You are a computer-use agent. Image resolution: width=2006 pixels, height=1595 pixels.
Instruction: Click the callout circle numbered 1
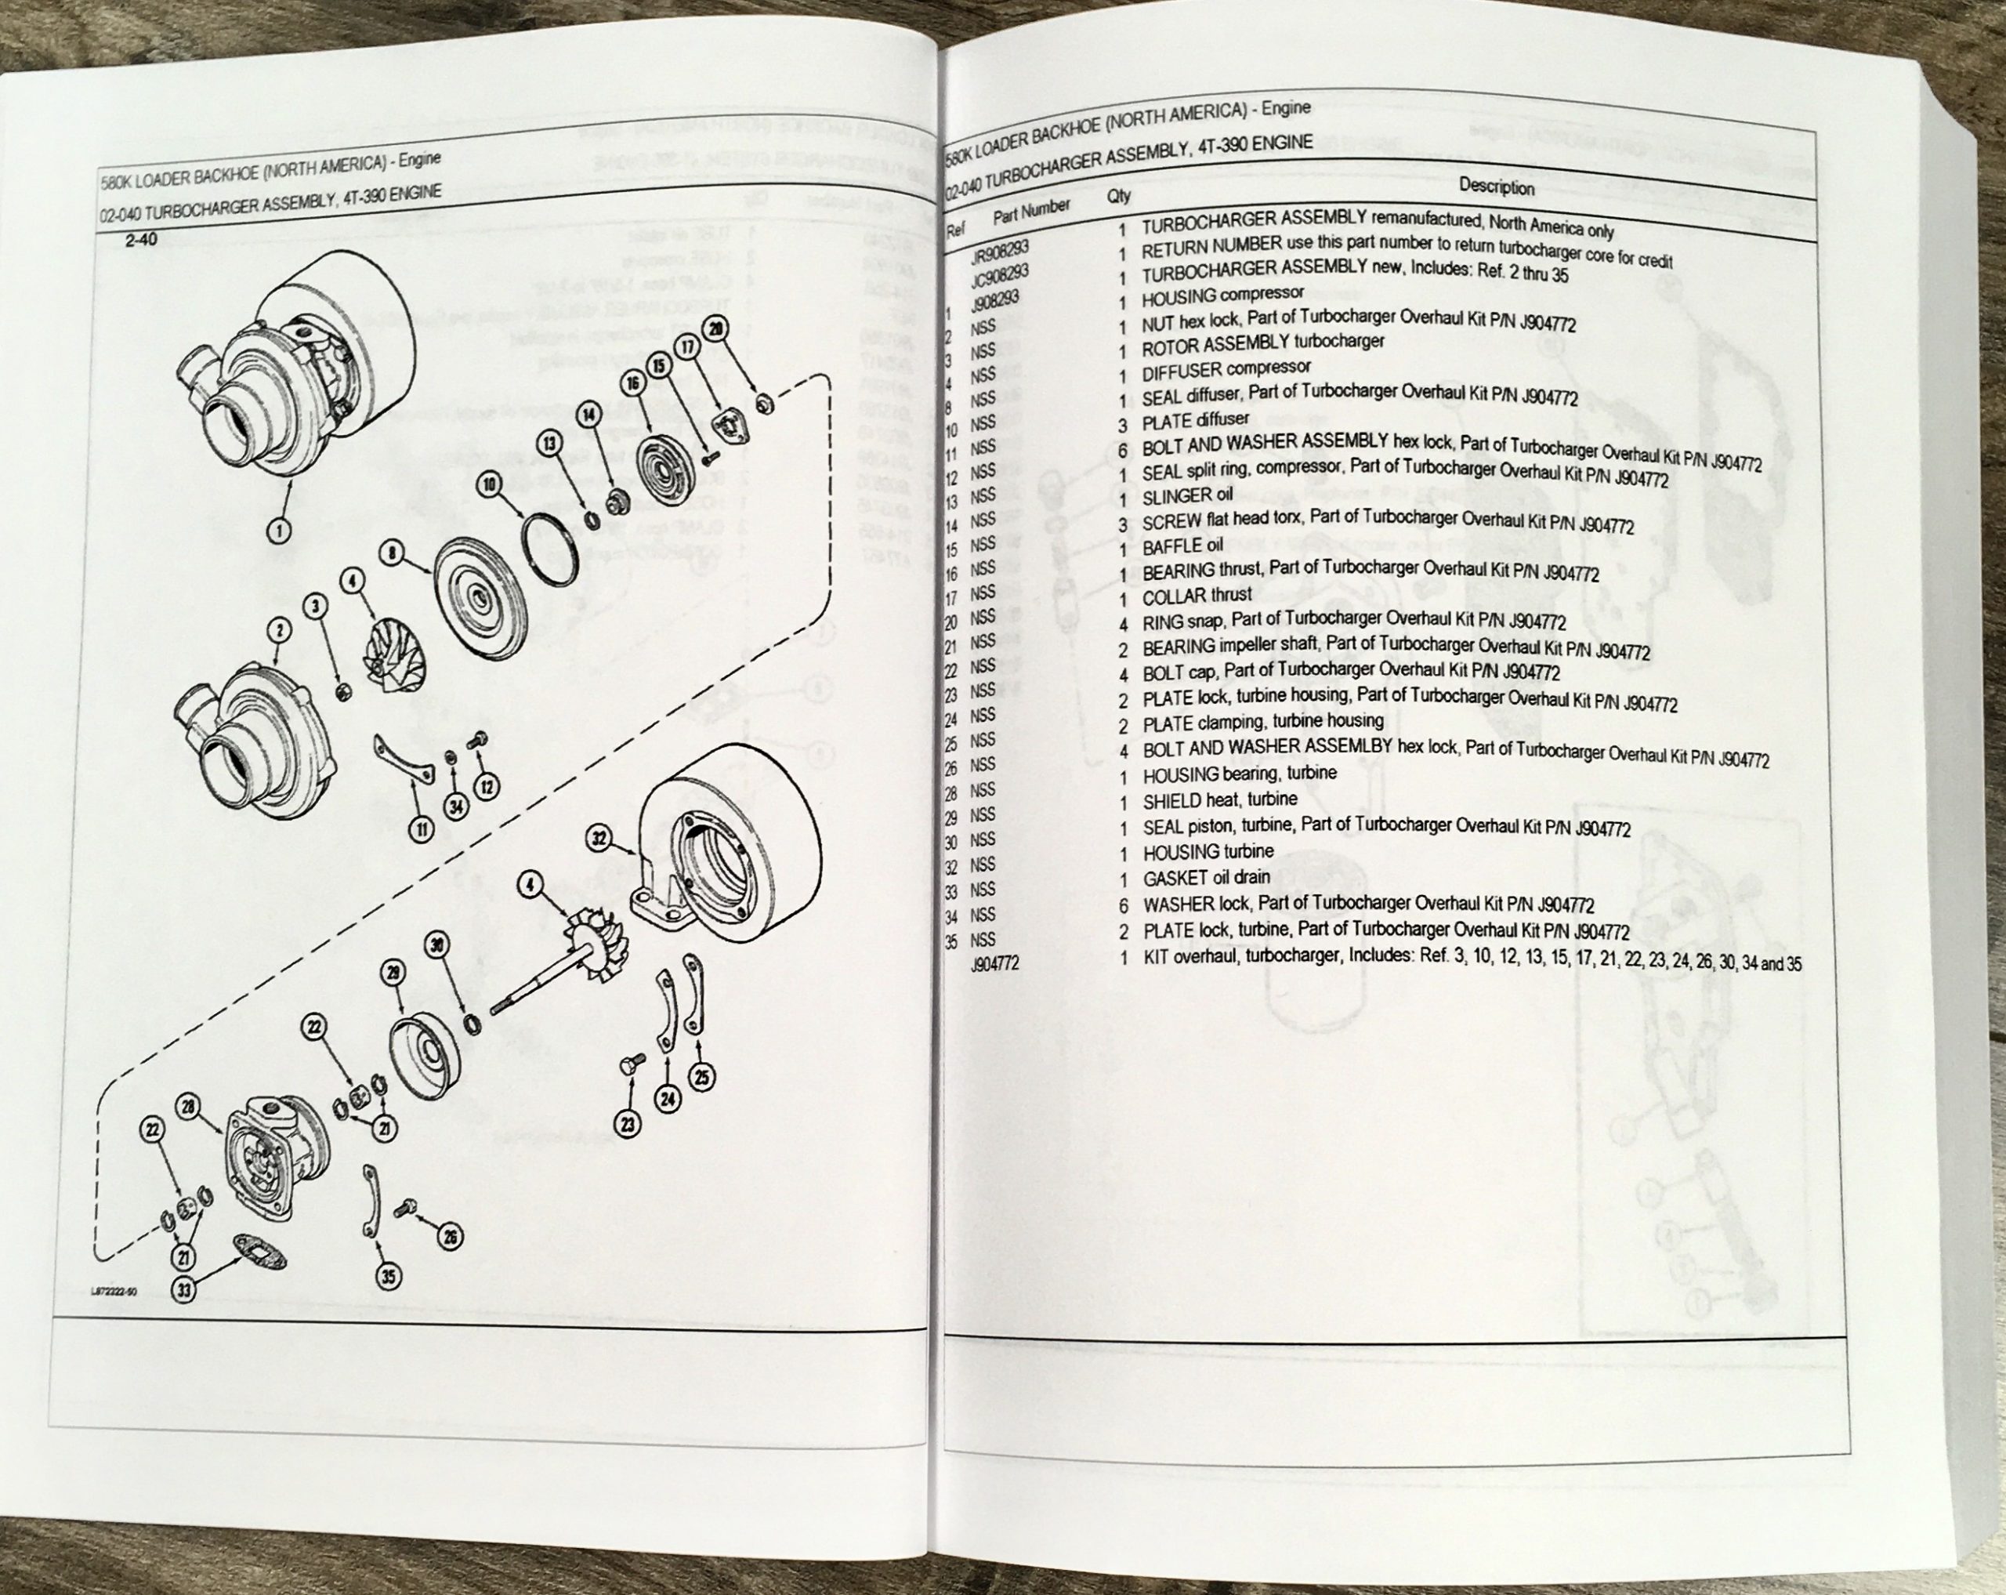(x=279, y=531)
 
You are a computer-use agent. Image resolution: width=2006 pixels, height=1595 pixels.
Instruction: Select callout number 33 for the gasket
(x=185, y=1291)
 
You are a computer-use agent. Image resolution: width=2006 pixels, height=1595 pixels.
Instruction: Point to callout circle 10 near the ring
(x=491, y=484)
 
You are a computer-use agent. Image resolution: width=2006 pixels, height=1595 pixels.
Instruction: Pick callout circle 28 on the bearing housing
(x=189, y=1107)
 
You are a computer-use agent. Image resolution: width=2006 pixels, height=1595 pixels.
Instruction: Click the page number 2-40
(x=141, y=240)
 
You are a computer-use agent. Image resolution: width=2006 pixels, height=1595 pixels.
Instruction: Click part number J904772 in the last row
(x=994, y=964)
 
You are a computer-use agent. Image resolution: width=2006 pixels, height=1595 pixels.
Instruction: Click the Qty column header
(x=1119, y=197)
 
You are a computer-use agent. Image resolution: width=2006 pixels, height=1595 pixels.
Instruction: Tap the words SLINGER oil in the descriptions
(x=1187, y=495)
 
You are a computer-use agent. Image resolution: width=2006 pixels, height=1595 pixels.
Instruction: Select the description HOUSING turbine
(x=1208, y=851)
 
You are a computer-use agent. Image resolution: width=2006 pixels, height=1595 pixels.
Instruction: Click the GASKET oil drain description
(x=1206, y=878)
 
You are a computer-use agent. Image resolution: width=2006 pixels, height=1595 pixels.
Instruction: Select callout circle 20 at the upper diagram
(x=715, y=328)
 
